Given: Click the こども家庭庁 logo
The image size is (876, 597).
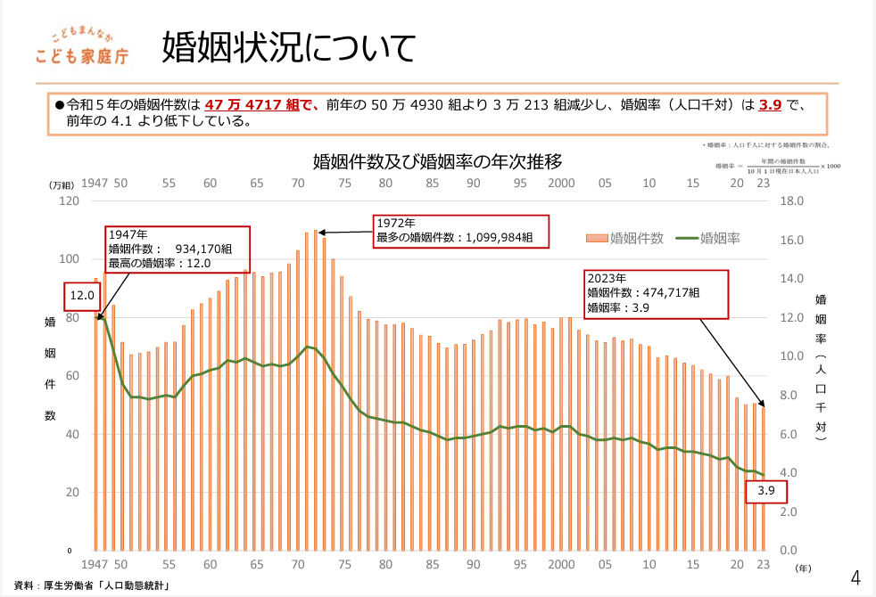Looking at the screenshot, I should pyautogui.click(x=83, y=45).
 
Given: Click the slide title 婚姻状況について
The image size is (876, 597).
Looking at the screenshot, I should pyautogui.click(x=288, y=48).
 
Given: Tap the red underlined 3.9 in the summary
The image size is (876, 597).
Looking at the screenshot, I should pyautogui.click(x=770, y=105).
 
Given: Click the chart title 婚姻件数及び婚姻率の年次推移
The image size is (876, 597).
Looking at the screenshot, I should pyautogui.click(x=437, y=161).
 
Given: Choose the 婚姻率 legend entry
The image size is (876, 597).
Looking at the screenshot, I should pyautogui.click(x=708, y=238).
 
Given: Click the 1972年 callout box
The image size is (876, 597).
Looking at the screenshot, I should pyautogui.click(x=460, y=230).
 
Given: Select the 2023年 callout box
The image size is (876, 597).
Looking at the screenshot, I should pyautogui.click(x=656, y=293).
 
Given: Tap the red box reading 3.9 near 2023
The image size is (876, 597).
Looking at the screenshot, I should pyautogui.click(x=765, y=491).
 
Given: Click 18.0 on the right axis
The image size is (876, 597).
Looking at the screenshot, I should pyautogui.click(x=794, y=201).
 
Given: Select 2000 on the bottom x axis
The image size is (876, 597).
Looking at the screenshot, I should pyautogui.click(x=560, y=564).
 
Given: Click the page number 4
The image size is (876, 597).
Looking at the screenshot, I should pyautogui.click(x=855, y=577).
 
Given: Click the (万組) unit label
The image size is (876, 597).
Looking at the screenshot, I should pyautogui.click(x=62, y=184).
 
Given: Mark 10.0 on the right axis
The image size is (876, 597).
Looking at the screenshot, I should pyautogui.click(x=794, y=356).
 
